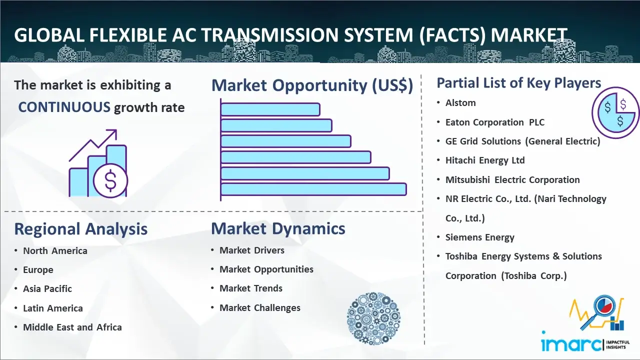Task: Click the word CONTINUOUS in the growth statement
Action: pyautogui.click(x=64, y=107)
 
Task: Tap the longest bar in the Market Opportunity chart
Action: pyautogui.click(x=313, y=189)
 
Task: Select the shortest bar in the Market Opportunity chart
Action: pyautogui.click(x=270, y=109)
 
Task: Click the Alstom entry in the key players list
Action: pyautogui.click(x=460, y=103)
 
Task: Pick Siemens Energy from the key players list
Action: pyautogui.click(x=479, y=237)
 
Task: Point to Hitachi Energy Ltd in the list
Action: pyautogui.click(x=485, y=160)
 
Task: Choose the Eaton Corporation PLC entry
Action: pyautogui.click(x=495, y=122)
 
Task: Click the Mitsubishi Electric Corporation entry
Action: pyautogui.click(x=512, y=179)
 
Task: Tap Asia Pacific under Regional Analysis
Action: pyautogui.click(x=47, y=289)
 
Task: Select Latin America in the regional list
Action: pyautogui.click(x=53, y=308)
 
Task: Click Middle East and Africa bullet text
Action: pyautogui.click(x=72, y=327)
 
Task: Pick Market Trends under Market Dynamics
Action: pyautogui.click(x=251, y=288)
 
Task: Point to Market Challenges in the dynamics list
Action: pyautogui.click(x=259, y=307)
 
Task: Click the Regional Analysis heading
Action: pyautogui.click(x=81, y=229)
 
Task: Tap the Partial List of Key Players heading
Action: pyautogui.click(x=519, y=83)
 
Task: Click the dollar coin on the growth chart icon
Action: pyautogui.click(x=110, y=181)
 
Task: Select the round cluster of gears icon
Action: pyautogui.click(x=373, y=318)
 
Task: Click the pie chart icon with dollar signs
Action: pyautogui.click(x=615, y=113)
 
